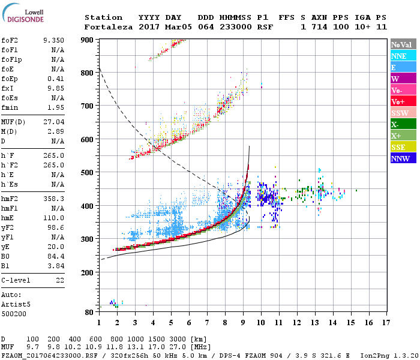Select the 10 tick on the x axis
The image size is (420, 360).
coord(261,322)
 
